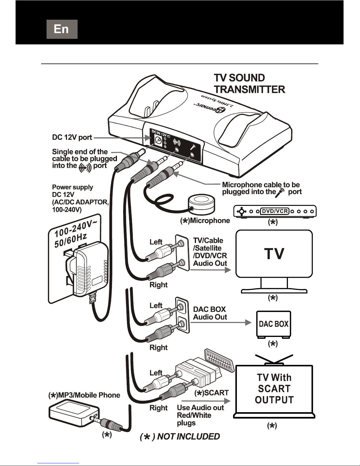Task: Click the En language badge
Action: [62, 29]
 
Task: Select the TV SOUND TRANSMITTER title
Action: [249, 83]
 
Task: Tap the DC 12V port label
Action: [72, 137]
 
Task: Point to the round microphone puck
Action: [202, 203]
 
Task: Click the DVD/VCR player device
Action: [275, 211]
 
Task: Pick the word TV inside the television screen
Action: [274, 254]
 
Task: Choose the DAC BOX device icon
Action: [274, 324]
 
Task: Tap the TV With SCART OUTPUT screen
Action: [274, 389]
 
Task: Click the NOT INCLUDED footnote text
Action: [180, 437]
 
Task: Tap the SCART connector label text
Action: [212, 393]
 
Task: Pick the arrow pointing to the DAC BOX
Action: [220, 323]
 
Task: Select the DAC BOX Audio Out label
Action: [210, 313]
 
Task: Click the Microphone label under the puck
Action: [205, 221]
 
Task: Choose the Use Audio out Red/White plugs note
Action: [200, 415]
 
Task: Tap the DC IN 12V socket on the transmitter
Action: [158, 141]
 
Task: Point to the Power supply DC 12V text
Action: [80, 198]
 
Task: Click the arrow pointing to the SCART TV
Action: [206, 401]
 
